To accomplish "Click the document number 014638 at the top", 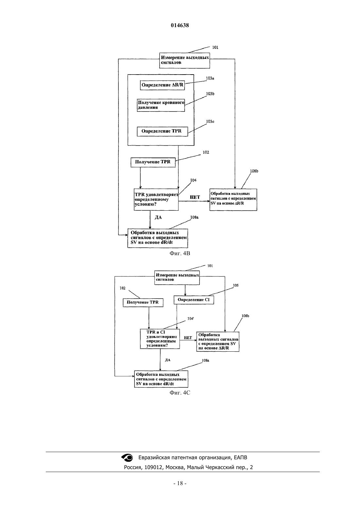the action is click(180, 25).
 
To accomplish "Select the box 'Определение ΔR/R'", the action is click(162, 85).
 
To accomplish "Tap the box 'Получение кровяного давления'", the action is click(161, 105).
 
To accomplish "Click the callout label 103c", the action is click(210, 121).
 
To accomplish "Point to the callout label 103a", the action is click(210, 78).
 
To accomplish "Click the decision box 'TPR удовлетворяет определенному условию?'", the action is click(156, 200).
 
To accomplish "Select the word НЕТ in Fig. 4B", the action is click(195, 197).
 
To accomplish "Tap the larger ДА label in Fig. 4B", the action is click(158, 218).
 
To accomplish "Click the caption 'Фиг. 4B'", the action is click(180, 254).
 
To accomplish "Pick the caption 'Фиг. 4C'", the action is click(180, 393).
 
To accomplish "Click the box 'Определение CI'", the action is click(194, 300).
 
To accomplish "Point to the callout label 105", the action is click(236, 285).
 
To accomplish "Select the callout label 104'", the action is click(190, 319).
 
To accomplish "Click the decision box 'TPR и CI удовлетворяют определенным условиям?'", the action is click(160, 339).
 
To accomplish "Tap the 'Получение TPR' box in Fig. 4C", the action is click(143, 303).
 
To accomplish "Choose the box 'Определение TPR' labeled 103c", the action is click(163, 132).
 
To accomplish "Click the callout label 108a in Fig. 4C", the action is click(206, 360).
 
